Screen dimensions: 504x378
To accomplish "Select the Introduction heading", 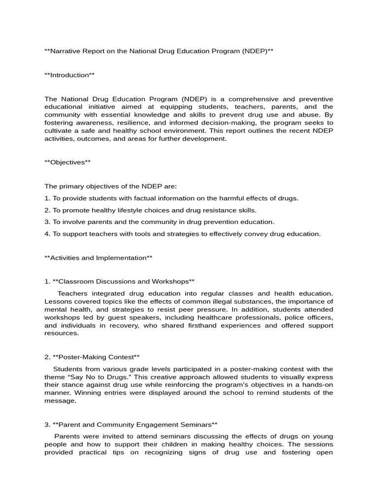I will (69, 75).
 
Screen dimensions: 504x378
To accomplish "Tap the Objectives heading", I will (67, 162).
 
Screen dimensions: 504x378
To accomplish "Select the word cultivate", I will (58, 130).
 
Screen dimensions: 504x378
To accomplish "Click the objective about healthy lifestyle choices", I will (150, 210).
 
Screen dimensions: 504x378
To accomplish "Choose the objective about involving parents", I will (159, 222).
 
